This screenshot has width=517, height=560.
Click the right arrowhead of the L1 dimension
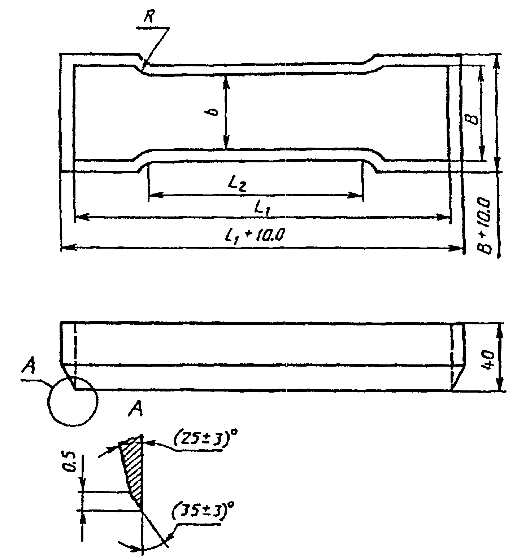[x=444, y=217]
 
